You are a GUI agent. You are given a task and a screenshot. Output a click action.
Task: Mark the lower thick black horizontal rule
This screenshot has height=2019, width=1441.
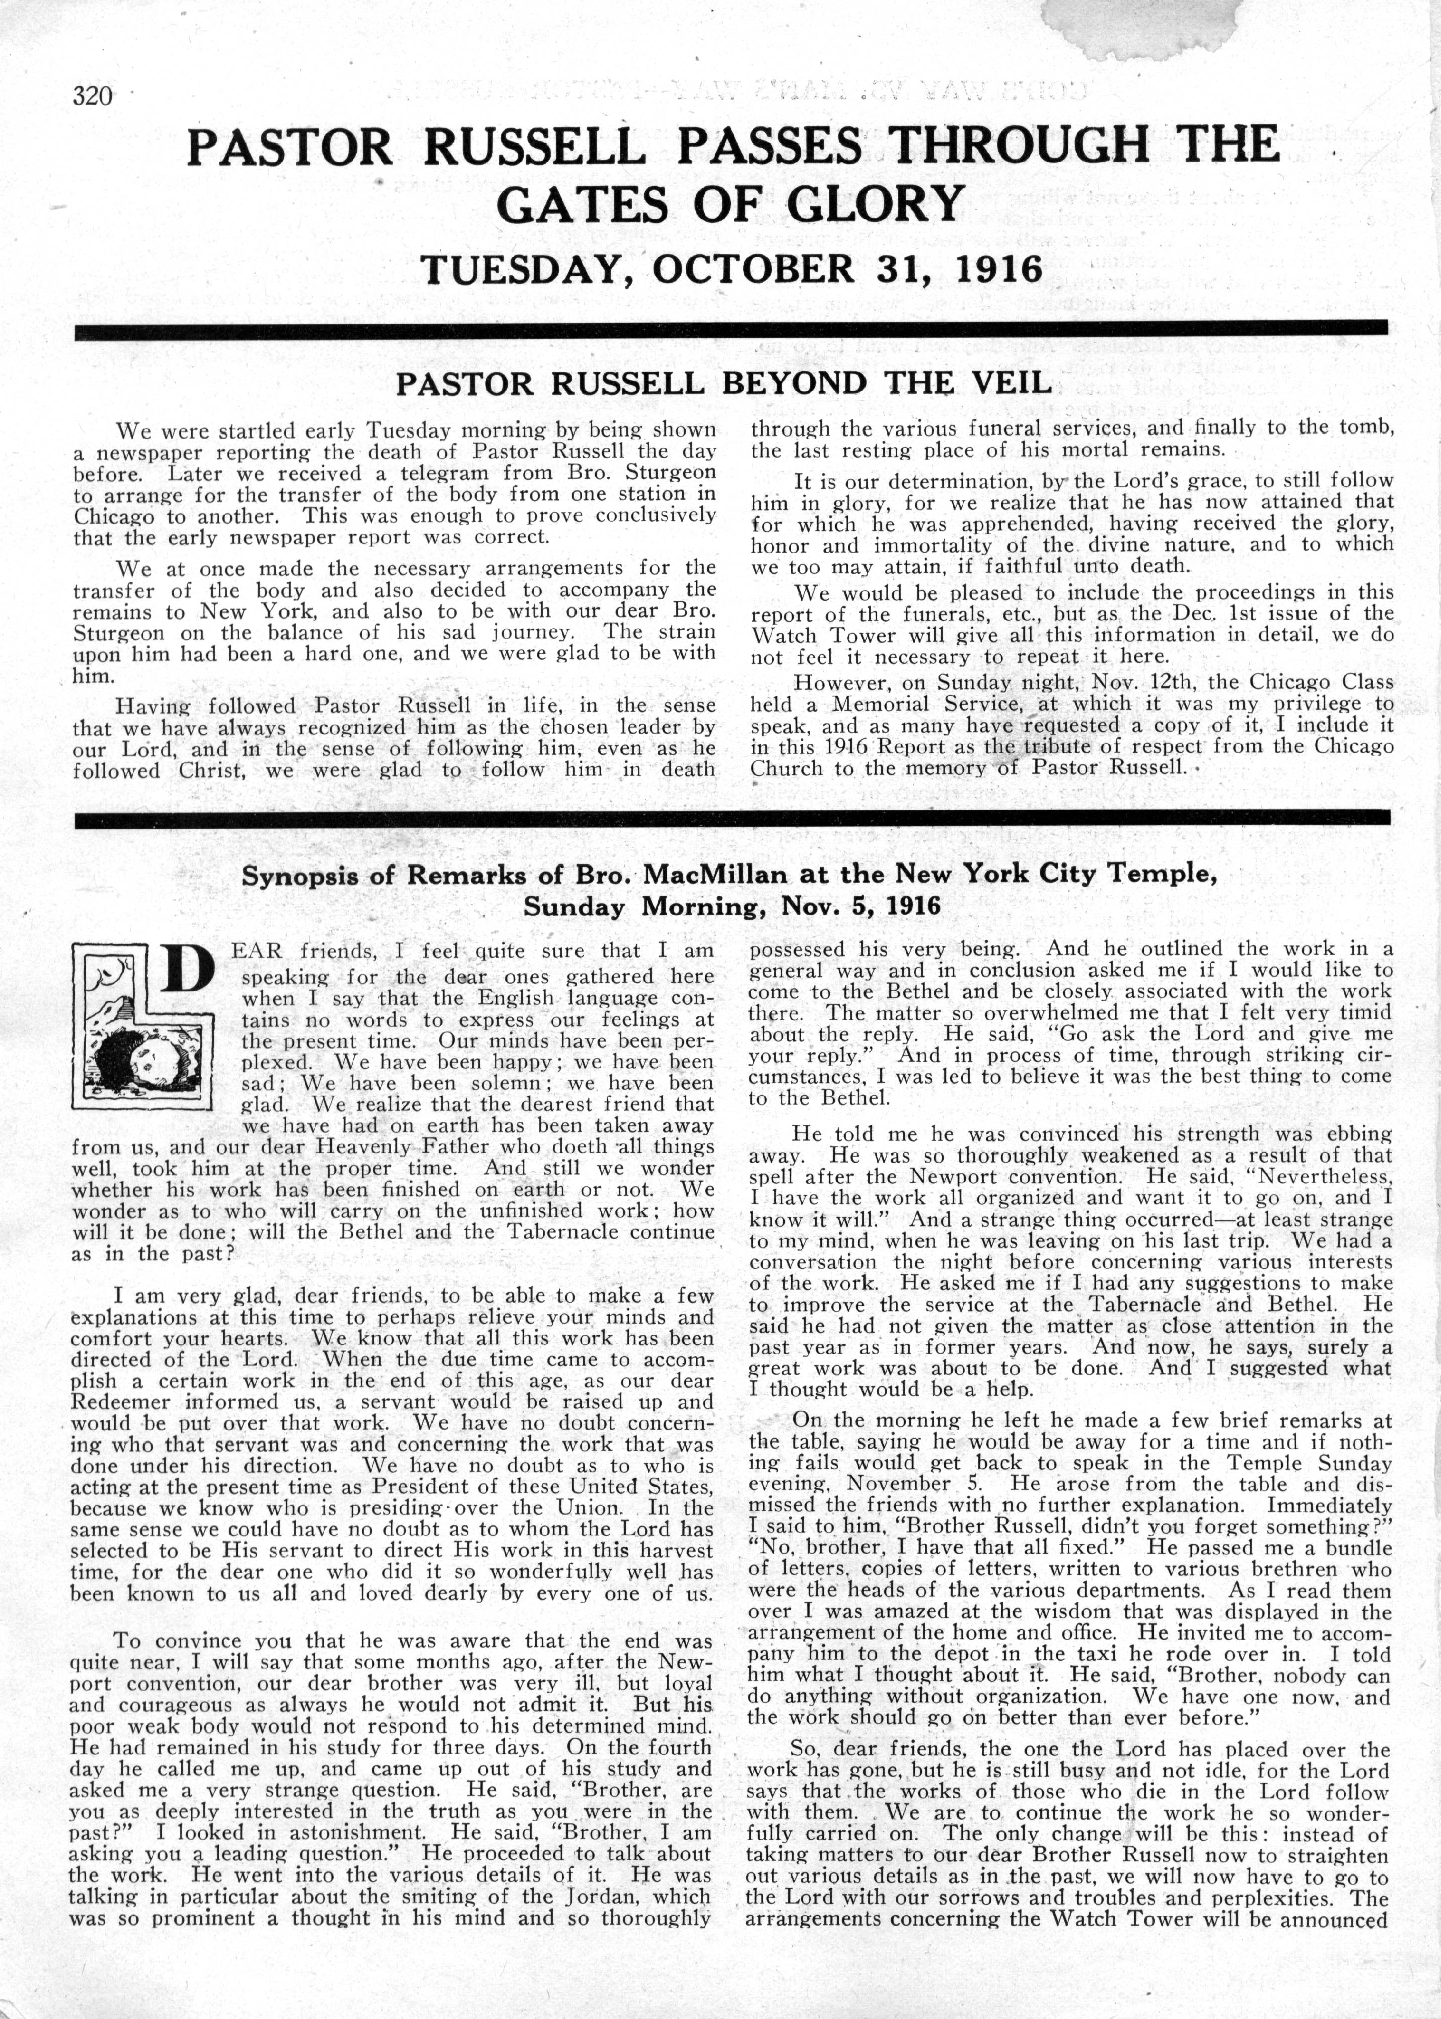pos(731,818)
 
